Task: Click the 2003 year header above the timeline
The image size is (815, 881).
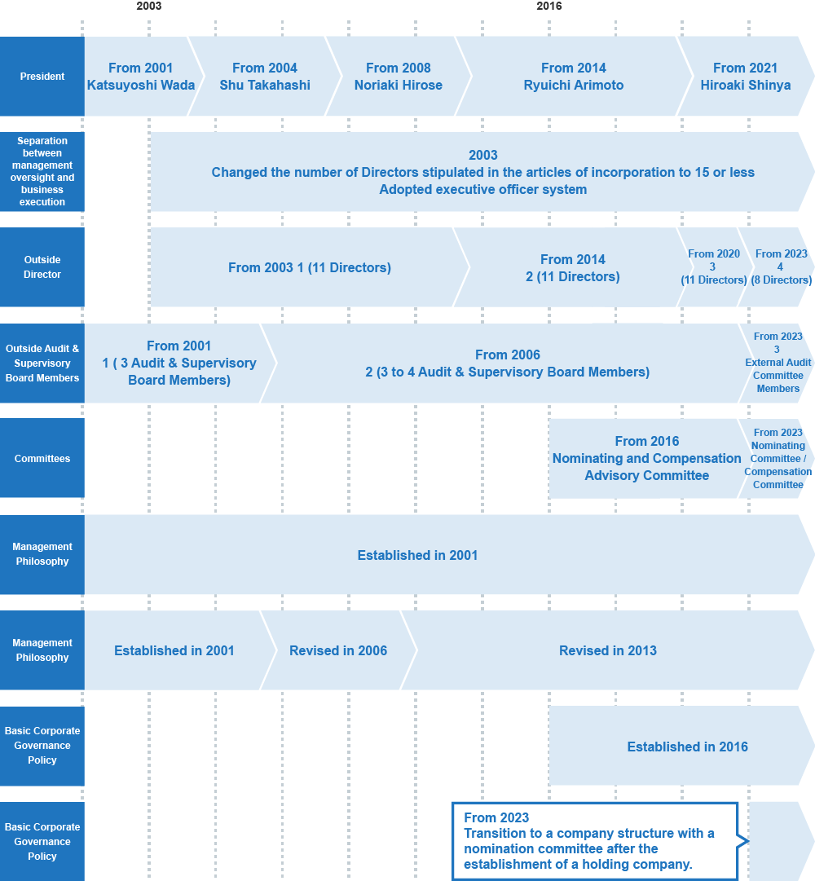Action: (149, 7)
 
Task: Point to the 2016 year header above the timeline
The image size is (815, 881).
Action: (548, 7)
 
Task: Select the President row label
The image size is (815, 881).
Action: (42, 77)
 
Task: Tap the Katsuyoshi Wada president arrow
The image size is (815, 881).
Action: (140, 77)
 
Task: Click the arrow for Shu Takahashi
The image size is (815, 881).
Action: (265, 77)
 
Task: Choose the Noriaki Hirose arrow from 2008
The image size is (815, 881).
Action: (399, 77)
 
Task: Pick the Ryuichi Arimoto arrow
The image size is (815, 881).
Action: (574, 77)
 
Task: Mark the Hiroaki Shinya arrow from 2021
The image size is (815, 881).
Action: (746, 77)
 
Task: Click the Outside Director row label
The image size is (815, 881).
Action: (42, 267)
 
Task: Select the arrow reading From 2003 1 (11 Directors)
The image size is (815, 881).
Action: (310, 267)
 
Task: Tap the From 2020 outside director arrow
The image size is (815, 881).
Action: (714, 267)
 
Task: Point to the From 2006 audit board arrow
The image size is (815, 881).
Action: (507, 363)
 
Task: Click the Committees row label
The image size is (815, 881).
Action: (42, 459)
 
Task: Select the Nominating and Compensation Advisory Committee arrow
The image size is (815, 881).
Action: (646, 459)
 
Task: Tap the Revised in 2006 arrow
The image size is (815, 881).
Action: (338, 650)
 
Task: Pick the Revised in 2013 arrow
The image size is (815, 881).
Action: (608, 650)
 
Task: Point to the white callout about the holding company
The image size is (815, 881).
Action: (595, 841)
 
